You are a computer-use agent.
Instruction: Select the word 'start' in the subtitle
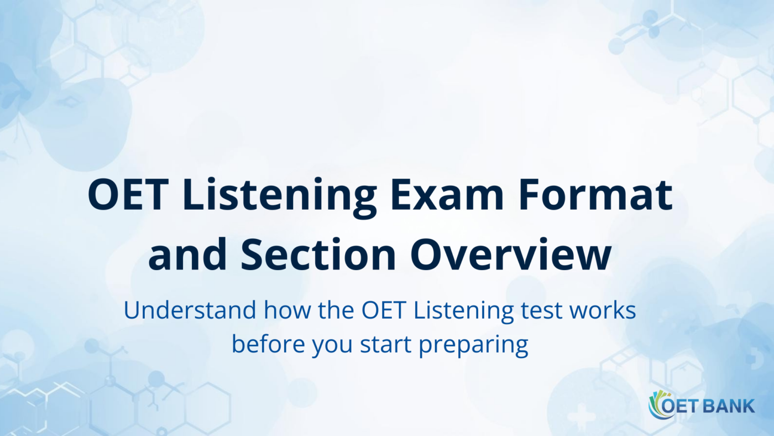(x=386, y=344)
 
